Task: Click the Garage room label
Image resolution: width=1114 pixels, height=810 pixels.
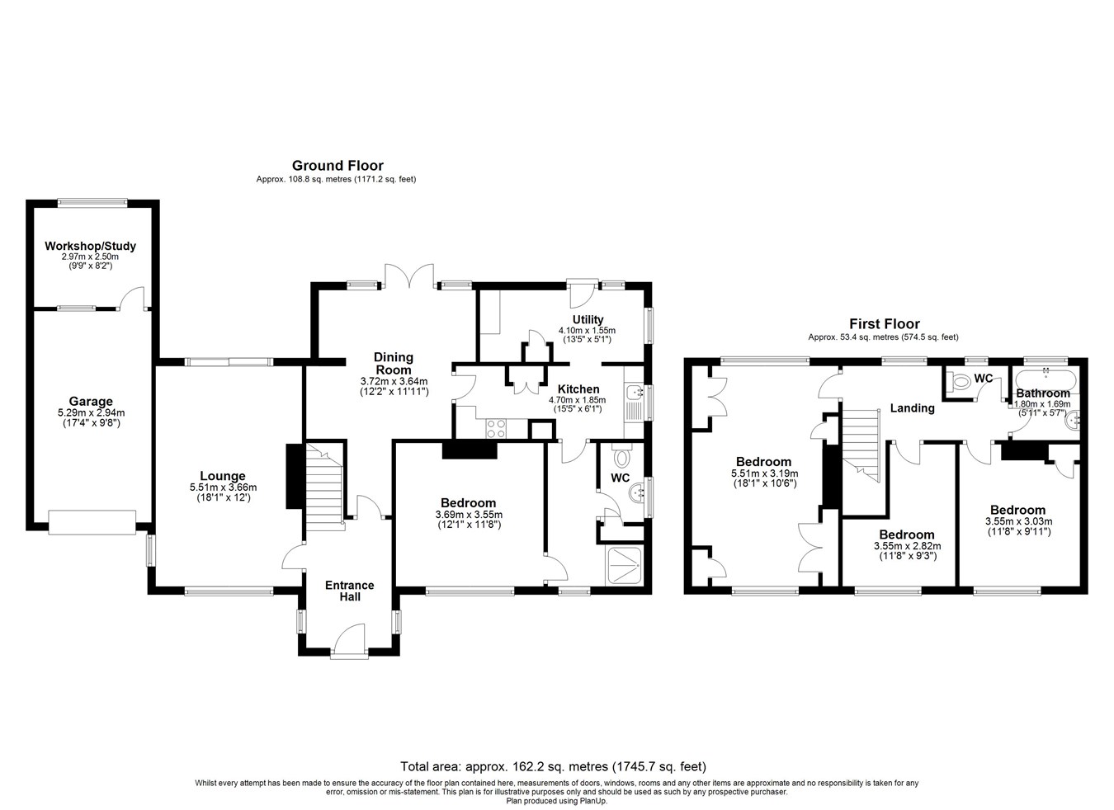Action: (91, 401)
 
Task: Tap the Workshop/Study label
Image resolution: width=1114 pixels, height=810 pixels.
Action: (90, 246)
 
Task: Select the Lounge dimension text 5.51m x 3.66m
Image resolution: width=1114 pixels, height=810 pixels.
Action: (223, 487)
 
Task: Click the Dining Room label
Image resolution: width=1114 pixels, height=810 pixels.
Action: (394, 364)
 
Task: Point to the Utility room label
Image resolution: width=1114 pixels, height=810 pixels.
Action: (588, 320)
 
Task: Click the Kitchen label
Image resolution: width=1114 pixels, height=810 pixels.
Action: (578, 389)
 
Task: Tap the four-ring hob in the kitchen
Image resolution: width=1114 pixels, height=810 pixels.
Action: (496, 429)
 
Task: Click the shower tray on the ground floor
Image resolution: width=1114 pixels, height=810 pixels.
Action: (624, 565)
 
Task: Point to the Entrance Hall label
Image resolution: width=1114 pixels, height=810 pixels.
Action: (350, 591)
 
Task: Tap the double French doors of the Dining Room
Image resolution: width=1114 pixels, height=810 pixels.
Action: (409, 276)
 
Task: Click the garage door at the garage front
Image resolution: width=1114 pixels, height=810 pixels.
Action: (92, 522)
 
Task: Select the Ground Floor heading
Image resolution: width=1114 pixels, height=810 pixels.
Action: (338, 166)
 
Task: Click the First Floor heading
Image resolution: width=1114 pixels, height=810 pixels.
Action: (885, 324)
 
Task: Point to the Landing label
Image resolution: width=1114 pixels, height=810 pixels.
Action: (912, 408)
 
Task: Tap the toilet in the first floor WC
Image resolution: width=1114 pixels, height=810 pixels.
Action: (958, 382)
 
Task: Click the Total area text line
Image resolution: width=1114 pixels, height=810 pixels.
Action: (553, 766)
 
